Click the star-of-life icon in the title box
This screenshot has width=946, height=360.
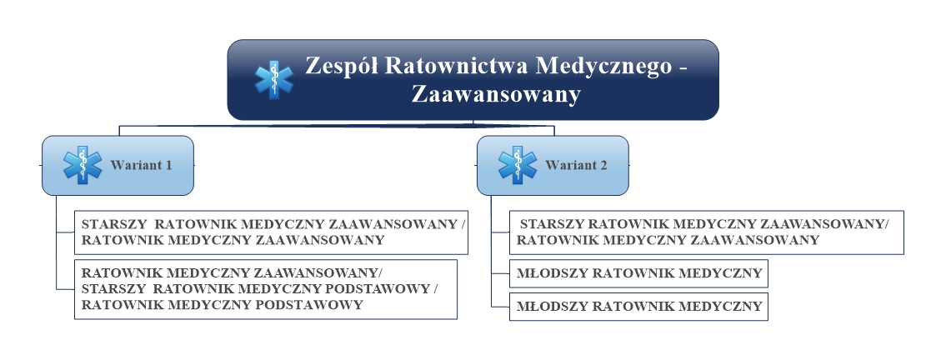274,80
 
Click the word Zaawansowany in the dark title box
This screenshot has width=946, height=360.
496,94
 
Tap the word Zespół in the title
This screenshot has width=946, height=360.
342,66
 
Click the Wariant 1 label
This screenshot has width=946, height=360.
141,165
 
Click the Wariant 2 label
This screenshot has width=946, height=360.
576,165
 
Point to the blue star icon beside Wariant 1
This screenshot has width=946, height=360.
83,165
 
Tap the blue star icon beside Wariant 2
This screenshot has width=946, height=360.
518,165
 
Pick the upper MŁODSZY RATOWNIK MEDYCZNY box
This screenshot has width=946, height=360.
638,274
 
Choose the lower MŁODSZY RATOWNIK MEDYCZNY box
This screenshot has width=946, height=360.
638,307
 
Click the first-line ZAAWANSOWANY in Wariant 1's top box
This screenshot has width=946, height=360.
393,224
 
